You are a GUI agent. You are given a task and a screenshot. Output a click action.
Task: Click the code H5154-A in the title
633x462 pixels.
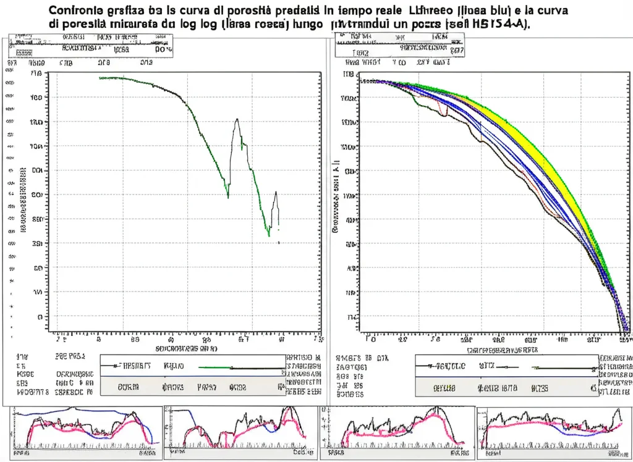pyautogui.click(x=503, y=25)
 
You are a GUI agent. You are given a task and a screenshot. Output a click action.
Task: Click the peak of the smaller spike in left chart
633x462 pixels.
pyautogui.click(x=276, y=192)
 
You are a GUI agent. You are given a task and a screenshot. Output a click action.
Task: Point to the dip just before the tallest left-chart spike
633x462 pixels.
pyautogui.click(x=227, y=197)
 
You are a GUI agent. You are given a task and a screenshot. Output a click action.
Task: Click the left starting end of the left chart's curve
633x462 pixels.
pyautogui.click(x=100, y=78)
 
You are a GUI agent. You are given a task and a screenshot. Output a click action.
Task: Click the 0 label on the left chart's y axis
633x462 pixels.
pyautogui.click(x=40, y=317)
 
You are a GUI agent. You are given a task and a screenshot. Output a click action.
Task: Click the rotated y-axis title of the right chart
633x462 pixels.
pyautogui.click(x=336, y=198)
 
